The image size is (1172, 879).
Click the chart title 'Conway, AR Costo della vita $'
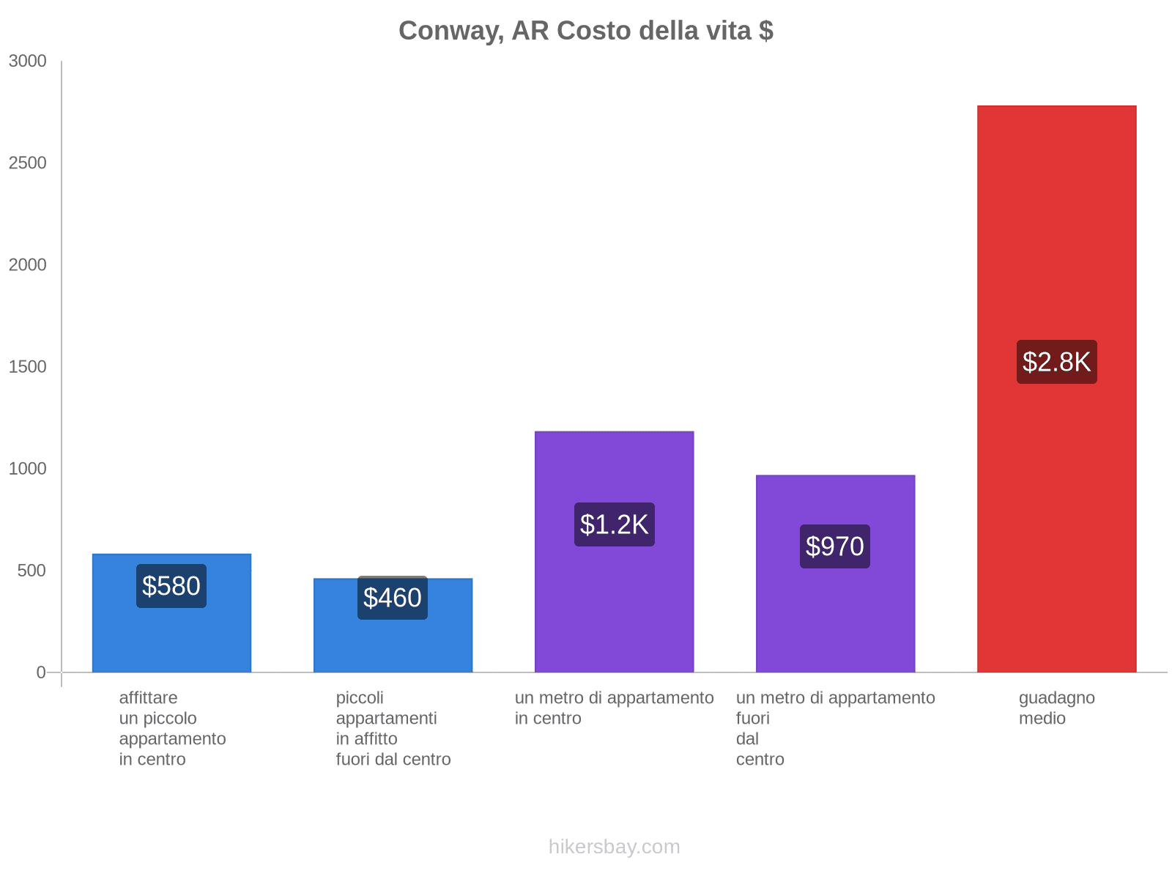point(585,31)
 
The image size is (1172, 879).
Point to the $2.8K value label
point(1056,362)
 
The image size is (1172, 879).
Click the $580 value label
point(171,586)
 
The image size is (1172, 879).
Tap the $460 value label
point(393,598)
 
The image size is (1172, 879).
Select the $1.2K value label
point(614,524)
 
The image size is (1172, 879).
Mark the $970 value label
point(835,546)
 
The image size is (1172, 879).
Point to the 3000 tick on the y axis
point(28,62)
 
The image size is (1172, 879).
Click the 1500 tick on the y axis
point(28,367)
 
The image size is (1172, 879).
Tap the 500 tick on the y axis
point(32,571)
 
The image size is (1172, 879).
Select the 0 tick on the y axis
point(41,672)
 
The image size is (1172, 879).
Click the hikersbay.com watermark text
point(614,847)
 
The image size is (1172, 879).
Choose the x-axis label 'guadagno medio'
point(1056,708)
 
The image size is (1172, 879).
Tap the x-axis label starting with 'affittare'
point(172,728)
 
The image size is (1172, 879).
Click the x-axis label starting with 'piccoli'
point(393,728)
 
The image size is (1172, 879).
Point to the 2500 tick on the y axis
point(28,163)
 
